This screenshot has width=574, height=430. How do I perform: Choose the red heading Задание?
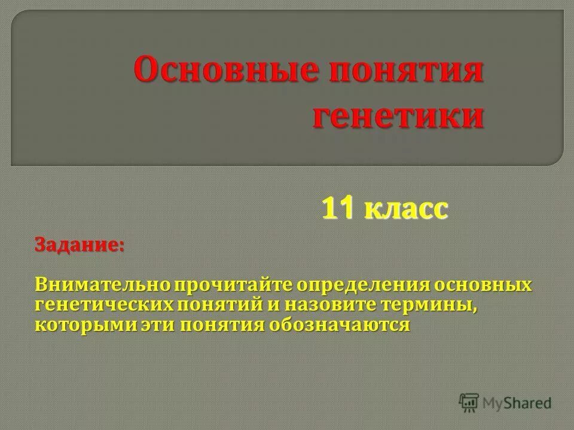[x=80, y=246]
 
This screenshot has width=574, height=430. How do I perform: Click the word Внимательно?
[x=102, y=285]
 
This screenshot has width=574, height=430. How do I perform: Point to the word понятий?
[x=218, y=305]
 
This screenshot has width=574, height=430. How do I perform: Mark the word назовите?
[x=323, y=305]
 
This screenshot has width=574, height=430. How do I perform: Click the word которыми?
[x=79, y=325]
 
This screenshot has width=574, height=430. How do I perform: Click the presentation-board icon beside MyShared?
[x=469, y=403]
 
